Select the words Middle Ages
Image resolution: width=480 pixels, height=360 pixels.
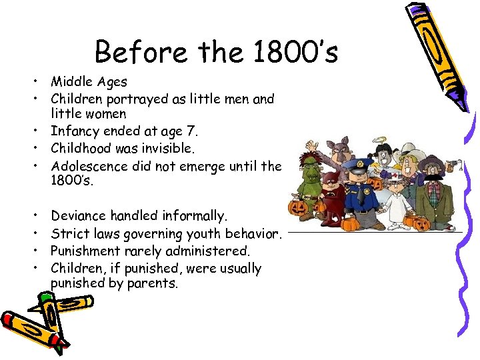pyautogui.click(x=89, y=82)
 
